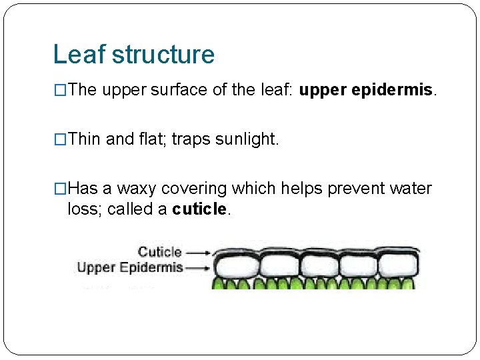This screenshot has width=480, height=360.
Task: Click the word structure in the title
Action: coord(163,55)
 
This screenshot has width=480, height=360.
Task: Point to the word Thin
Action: coord(84,139)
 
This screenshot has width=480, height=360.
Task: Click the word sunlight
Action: coord(245,139)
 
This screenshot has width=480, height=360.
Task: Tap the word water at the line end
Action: coord(413,189)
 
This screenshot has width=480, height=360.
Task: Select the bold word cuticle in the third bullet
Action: coord(199,209)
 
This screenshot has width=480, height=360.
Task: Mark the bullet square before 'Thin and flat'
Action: coord(60,139)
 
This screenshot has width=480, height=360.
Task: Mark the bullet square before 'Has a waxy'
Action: coord(60,189)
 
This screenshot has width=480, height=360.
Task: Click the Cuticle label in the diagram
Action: coord(159,252)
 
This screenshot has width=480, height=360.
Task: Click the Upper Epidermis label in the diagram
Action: coord(130,268)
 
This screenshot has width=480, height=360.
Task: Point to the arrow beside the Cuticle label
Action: coord(198,253)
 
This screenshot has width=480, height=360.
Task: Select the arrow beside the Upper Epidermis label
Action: coord(198,268)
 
